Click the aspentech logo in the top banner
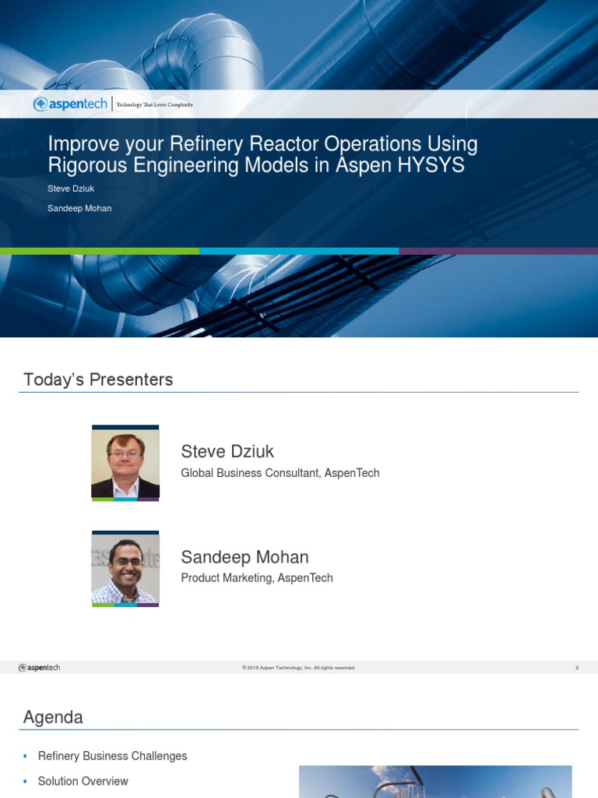pyautogui.click(x=70, y=104)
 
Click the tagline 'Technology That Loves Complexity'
pyautogui.click(x=154, y=104)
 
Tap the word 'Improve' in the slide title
pyautogui.click(x=81, y=144)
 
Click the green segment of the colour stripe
pyautogui.click(x=100, y=251)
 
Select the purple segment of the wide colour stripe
pyautogui.click(x=498, y=251)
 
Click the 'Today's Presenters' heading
pyautogui.click(x=98, y=380)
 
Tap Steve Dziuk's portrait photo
pyautogui.click(x=125, y=464)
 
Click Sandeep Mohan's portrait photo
pyautogui.click(x=125, y=569)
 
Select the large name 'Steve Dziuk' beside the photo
pyautogui.click(x=227, y=452)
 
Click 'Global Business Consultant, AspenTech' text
pyautogui.click(x=280, y=473)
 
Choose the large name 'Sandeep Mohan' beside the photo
pyautogui.click(x=244, y=557)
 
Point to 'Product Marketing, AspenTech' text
pyautogui.click(x=257, y=578)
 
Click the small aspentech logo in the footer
pyautogui.click(x=40, y=668)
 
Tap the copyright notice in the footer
pyautogui.click(x=298, y=668)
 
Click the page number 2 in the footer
pyautogui.click(x=577, y=668)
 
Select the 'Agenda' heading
pyautogui.click(x=53, y=717)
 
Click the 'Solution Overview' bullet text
pyautogui.click(x=83, y=781)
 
